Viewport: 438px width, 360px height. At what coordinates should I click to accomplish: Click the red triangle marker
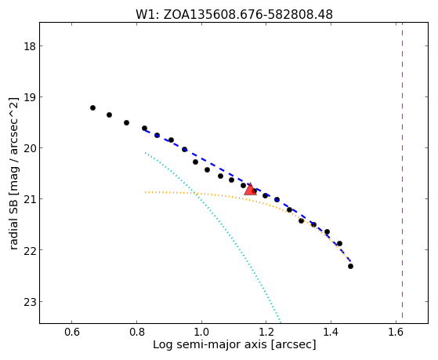(250, 189)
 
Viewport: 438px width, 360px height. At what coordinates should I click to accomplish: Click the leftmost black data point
(92, 107)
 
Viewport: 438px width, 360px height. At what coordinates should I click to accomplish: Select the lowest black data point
(350, 267)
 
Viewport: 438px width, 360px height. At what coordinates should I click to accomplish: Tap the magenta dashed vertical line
(402, 170)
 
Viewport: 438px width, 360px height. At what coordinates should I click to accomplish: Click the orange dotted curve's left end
(145, 192)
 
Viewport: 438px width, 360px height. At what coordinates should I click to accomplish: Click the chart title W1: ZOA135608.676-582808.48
(234, 15)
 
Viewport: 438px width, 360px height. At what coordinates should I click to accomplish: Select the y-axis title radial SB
(13, 225)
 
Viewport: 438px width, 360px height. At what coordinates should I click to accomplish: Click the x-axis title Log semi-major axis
(211, 344)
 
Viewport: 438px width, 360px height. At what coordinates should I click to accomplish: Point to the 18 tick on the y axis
(30, 46)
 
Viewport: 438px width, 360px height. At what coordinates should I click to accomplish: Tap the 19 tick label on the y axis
(30, 97)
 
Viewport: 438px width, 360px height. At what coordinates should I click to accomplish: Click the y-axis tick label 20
(30, 148)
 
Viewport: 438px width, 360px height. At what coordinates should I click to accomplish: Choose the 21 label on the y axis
(30, 199)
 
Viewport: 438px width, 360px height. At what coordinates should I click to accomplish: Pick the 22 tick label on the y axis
(30, 249)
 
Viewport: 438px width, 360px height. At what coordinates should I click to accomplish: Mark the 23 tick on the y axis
(30, 301)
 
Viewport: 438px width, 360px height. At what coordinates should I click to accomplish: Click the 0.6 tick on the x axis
(72, 332)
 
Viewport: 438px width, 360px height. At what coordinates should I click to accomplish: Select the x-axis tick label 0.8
(136, 332)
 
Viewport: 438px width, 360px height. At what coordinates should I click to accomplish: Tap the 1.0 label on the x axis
(201, 332)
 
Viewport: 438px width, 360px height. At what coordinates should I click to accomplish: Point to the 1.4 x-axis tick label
(331, 332)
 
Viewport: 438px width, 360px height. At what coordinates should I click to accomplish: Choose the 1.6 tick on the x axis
(396, 332)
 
